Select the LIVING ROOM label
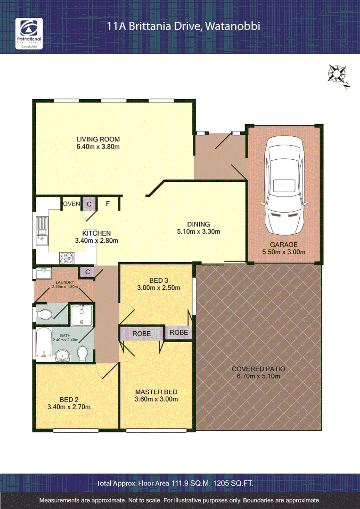pyautogui.click(x=98, y=139)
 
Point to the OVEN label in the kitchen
pyautogui.click(x=72, y=204)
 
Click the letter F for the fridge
pyautogui.click(x=107, y=204)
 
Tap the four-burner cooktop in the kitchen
pyautogui.click(x=66, y=258)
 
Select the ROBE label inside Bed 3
pyautogui.click(x=179, y=332)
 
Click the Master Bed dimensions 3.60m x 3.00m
pyautogui.click(x=156, y=399)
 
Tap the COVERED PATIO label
pyautogui.click(x=259, y=369)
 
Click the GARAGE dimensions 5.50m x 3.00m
pyautogui.click(x=284, y=252)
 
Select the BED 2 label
pyautogui.click(x=69, y=399)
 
